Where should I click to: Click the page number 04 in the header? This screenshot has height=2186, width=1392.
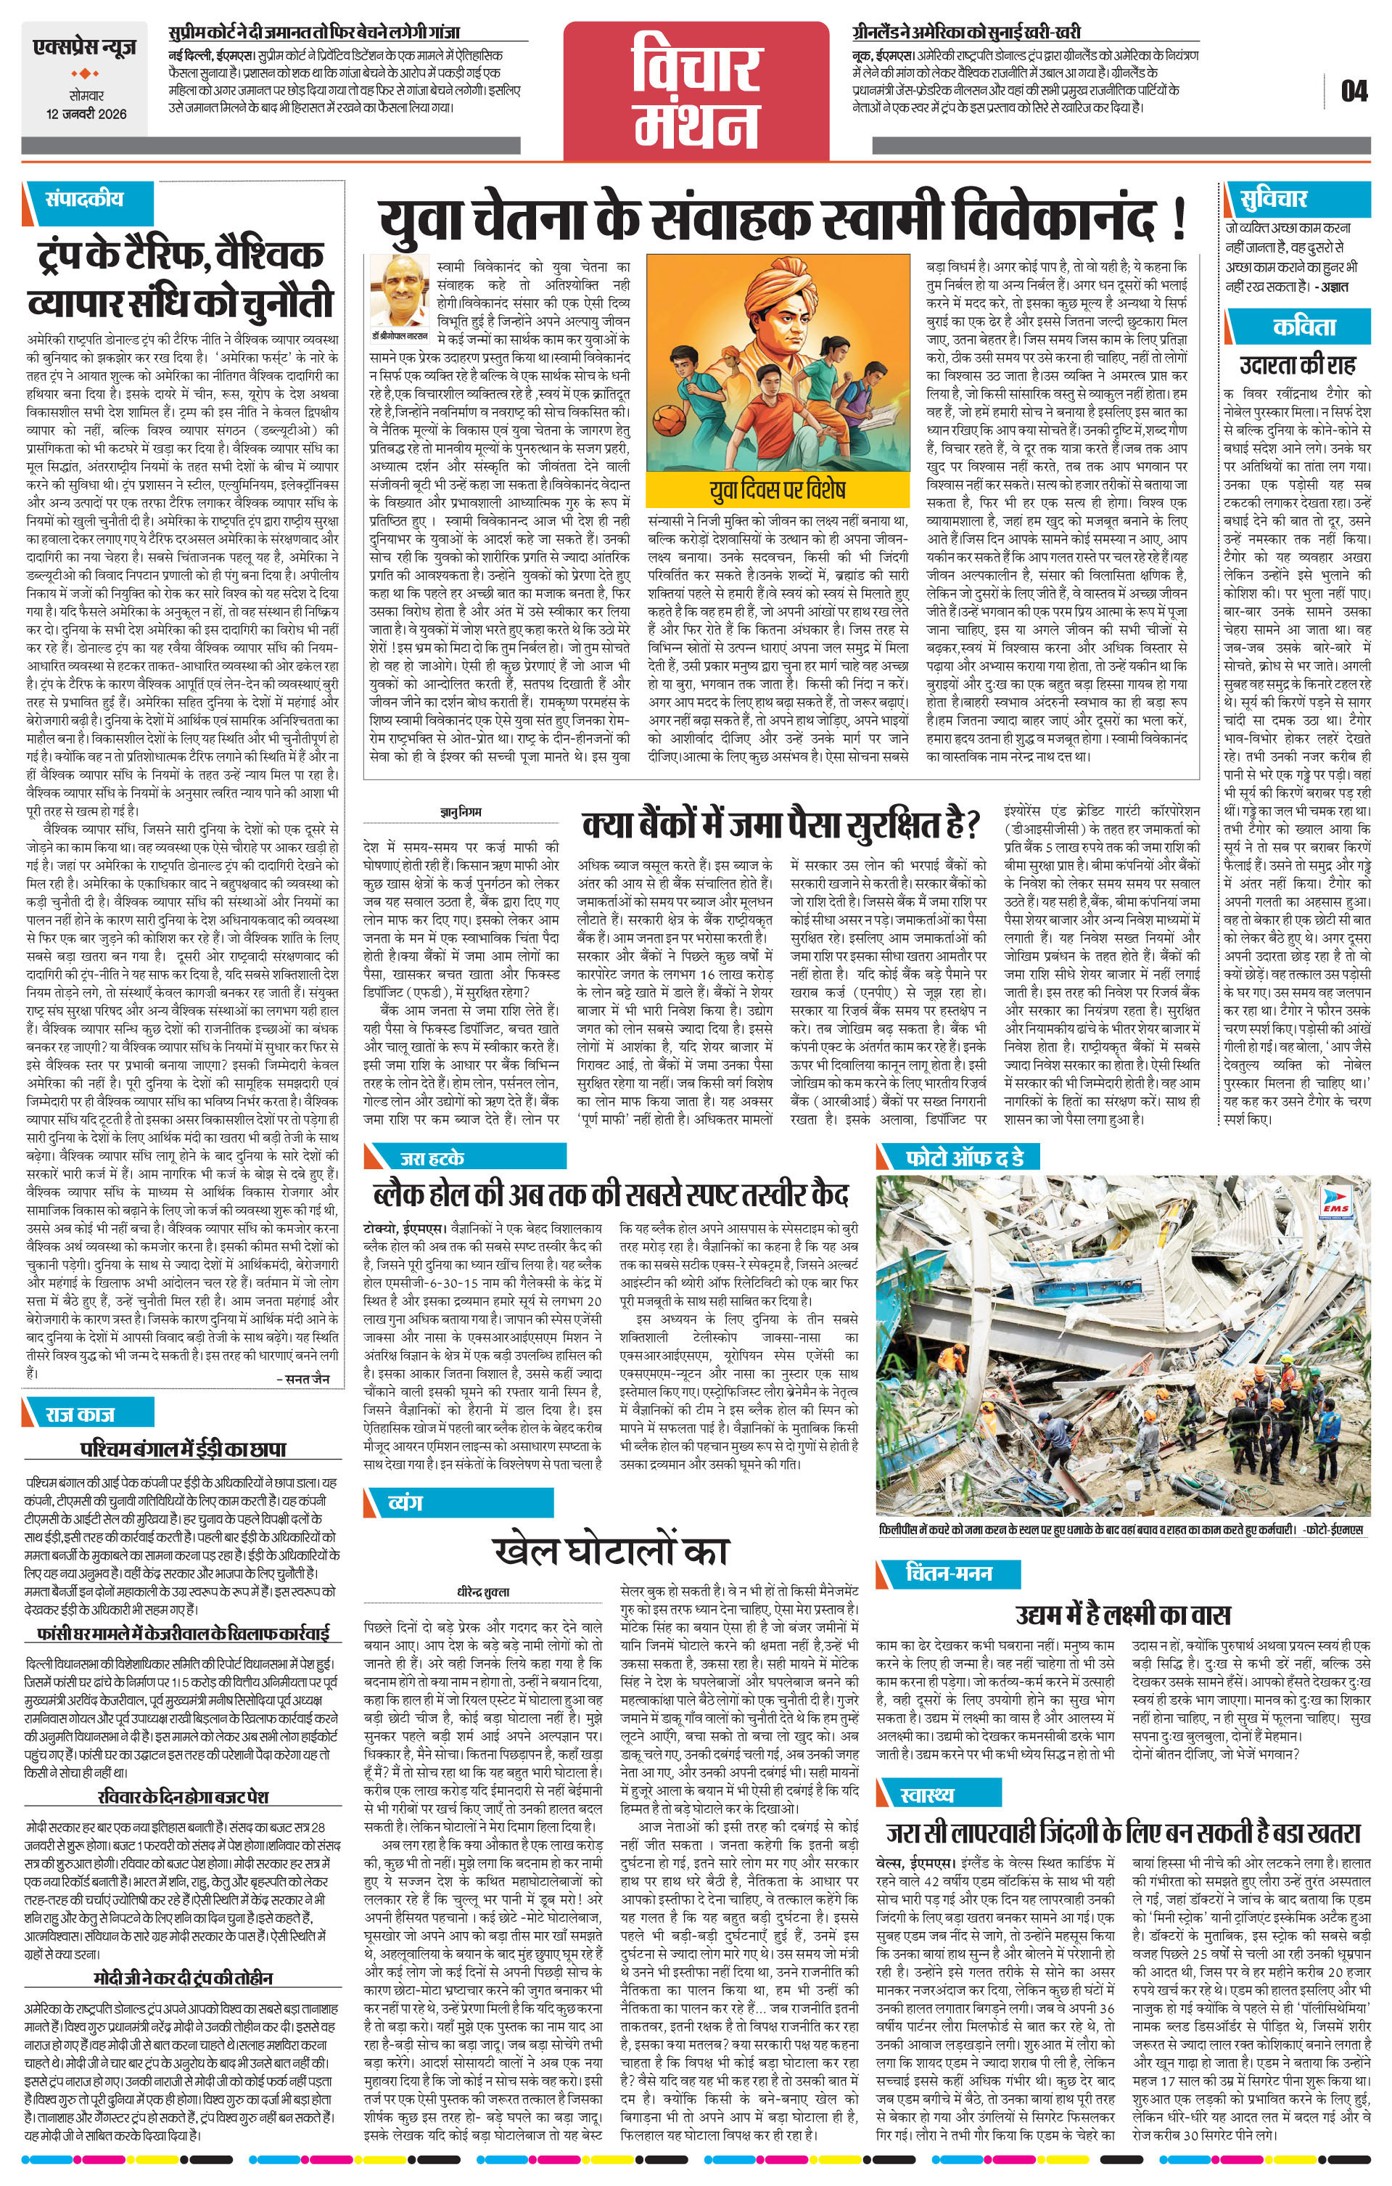click(1353, 91)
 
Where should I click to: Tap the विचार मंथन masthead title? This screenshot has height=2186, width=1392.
click(696, 91)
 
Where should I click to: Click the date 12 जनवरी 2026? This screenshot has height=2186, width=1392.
click(87, 115)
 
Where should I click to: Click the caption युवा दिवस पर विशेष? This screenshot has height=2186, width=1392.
click(777, 489)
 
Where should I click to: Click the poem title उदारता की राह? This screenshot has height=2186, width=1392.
click(1298, 365)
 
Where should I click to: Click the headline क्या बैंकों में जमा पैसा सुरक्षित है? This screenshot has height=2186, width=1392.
click(781, 825)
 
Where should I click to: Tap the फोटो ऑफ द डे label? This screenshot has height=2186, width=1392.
click(965, 1158)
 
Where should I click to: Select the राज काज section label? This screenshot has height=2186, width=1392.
click(82, 1414)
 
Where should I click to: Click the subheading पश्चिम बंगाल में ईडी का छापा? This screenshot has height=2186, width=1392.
click(184, 1448)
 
